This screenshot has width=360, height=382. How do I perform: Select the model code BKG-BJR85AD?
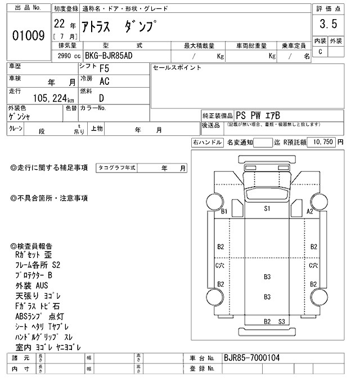(109, 56)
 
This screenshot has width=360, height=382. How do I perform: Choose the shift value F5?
(104, 70)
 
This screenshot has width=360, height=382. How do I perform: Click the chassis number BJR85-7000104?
(251, 357)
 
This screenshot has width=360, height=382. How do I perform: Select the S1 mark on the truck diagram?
(268, 208)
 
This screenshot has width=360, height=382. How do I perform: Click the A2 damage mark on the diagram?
(309, 211)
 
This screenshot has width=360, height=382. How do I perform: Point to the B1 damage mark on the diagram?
(224, 211)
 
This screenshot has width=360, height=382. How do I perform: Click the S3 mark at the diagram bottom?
(282, 321)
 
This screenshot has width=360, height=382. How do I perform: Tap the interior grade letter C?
(320, 52)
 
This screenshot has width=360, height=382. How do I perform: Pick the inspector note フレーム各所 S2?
(39, 265)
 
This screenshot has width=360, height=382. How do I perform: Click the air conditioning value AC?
(104, 81)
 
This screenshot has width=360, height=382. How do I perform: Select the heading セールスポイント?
(177, 68)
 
